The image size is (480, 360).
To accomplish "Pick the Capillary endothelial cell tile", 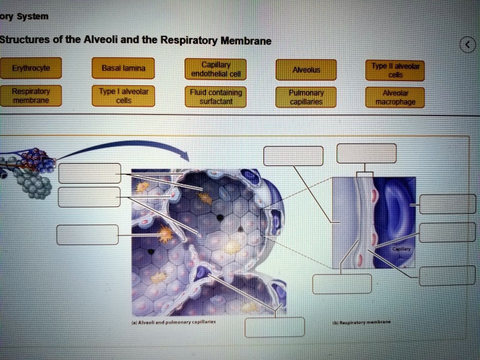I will (x=216, y=69).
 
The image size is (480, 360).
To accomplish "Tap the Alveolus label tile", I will (x=306, y=70).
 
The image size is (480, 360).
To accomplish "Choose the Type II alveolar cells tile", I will (x=395, y=70).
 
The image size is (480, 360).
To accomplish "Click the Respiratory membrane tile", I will (x=30, y=95).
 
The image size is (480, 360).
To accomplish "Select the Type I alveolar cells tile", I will (x=123, y=95).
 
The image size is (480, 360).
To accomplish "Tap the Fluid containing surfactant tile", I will (x=216, y=97).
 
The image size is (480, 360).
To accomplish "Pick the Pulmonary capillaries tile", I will (x=306, y=98).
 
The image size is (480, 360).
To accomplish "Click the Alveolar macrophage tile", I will (x=395, y=98).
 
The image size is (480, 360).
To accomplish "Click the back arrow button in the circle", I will (x=468, y=45).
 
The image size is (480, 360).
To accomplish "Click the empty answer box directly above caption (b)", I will (x=342, y=284).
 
